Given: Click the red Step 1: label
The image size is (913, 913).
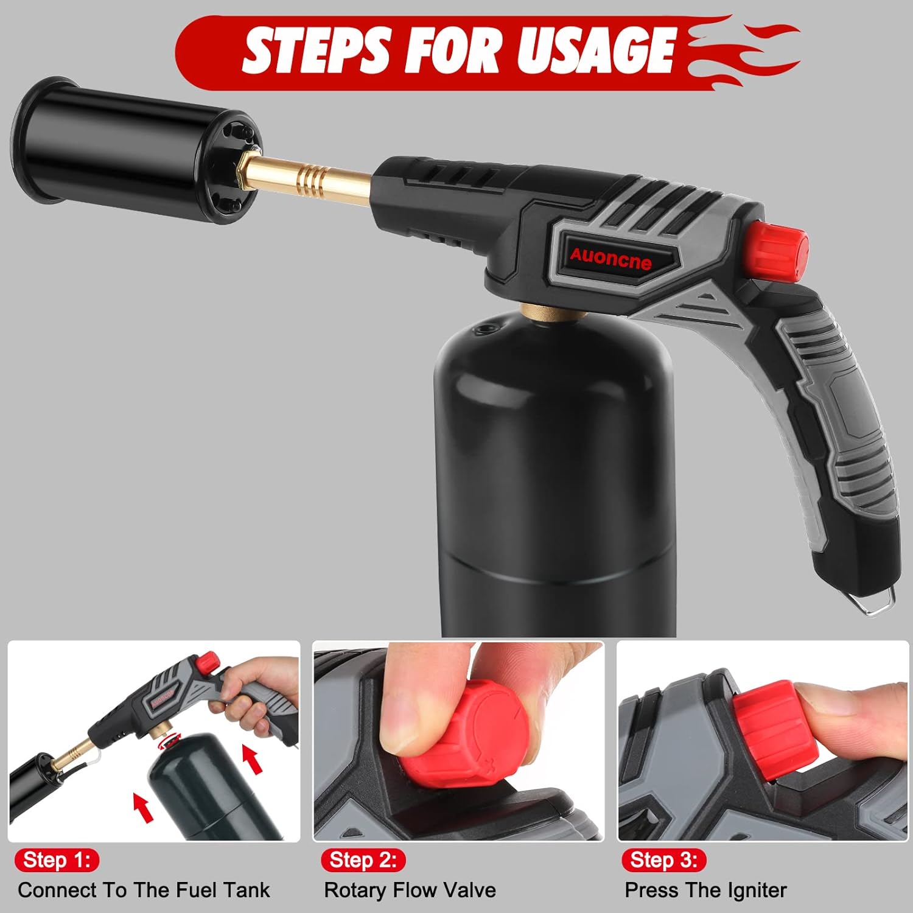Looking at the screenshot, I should click(57, 860).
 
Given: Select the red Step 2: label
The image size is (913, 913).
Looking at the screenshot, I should click(363, 860).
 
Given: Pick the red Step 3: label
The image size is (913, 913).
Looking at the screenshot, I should click(663, 860).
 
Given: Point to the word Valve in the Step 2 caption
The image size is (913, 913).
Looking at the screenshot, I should click(468, 890).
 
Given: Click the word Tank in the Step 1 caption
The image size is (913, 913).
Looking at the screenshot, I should click(246, 890).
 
